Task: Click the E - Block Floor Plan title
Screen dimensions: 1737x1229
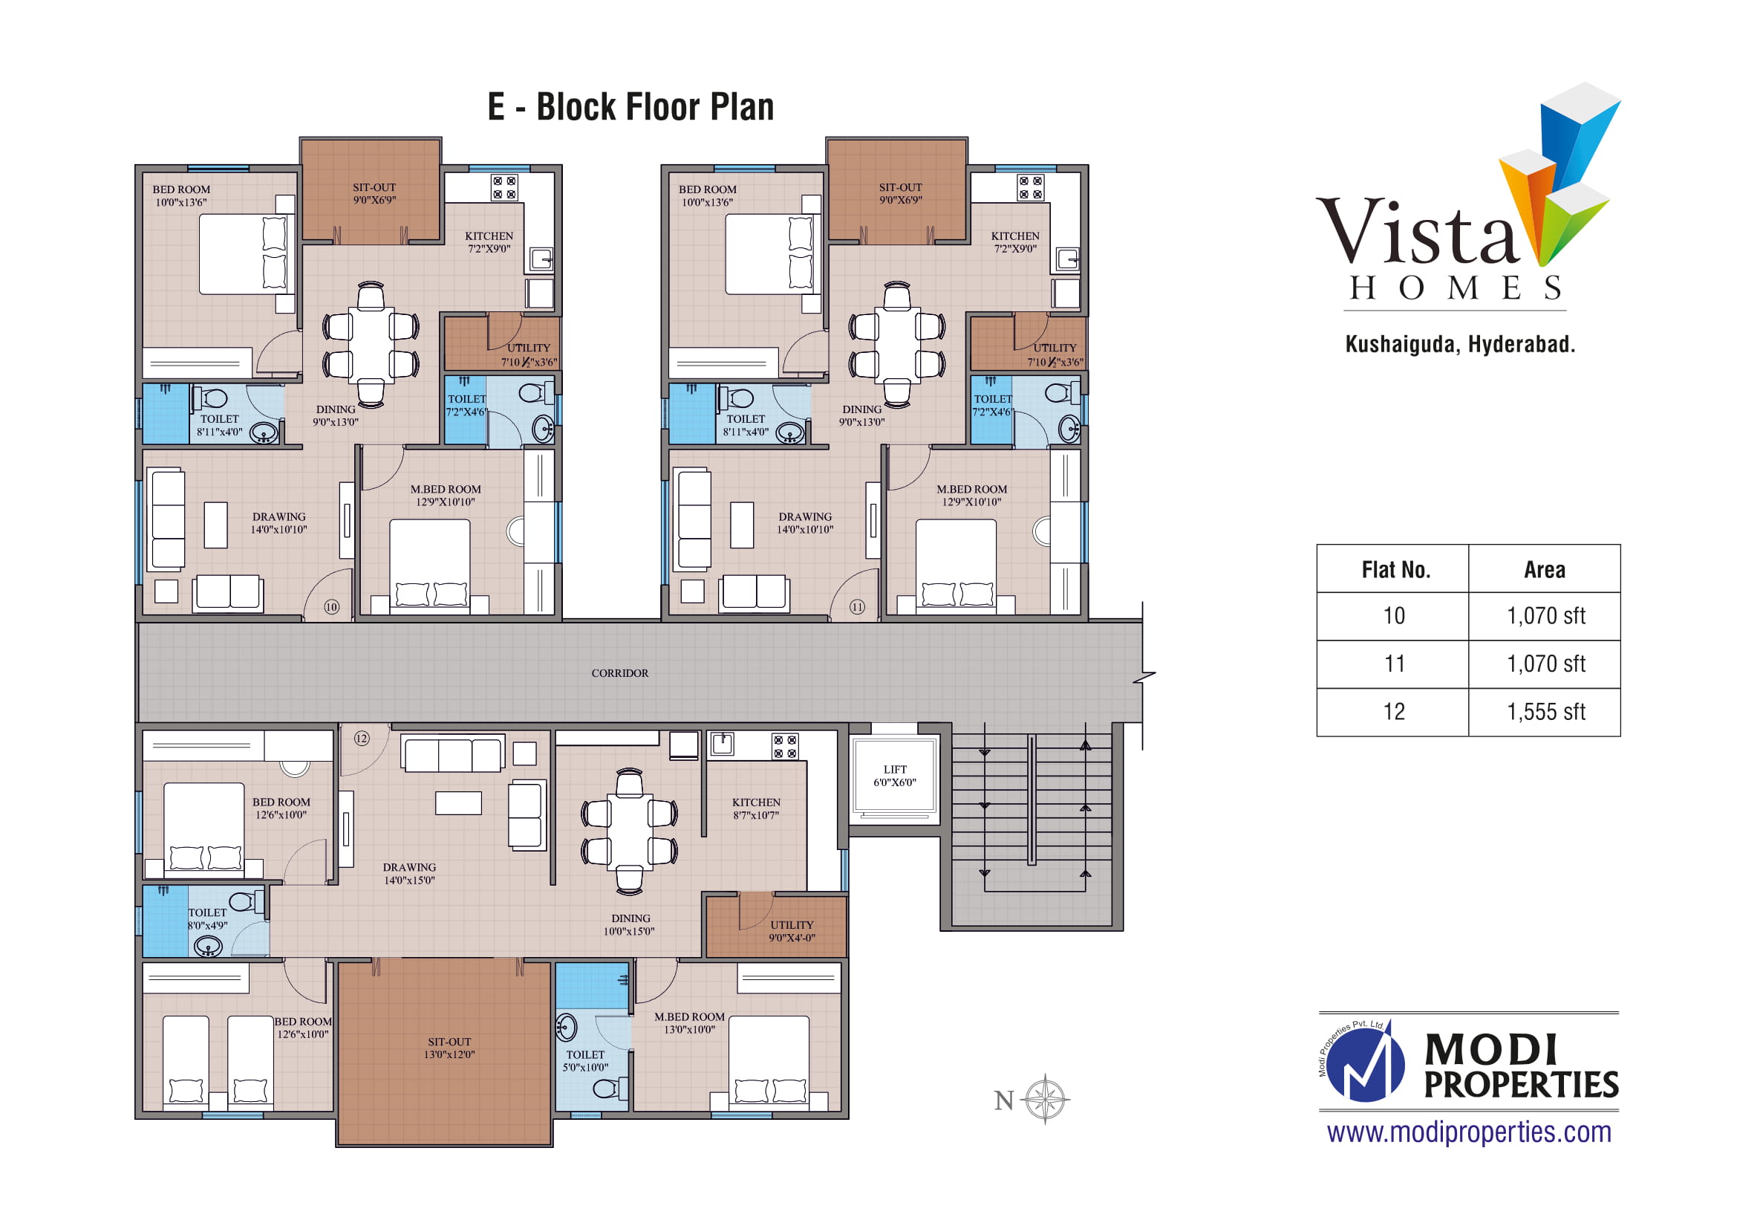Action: (x=631, y=107)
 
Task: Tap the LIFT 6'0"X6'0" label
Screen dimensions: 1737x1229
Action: (x=894, y=776)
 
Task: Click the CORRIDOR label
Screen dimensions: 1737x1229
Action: (x=619, y=672)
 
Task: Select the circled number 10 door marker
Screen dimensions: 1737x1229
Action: (x=331, y=607)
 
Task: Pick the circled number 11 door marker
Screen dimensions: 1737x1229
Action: (x=857, y=607)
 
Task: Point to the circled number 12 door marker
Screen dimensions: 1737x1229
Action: (x=362, y=738)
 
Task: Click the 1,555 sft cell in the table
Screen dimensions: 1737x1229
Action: (x=1545, y=712)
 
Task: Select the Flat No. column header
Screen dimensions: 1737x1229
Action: (x=1396, y=569)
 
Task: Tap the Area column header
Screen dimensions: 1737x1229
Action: (x=1545, y=569)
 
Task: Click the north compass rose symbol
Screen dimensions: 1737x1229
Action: (x=1045, y=1098)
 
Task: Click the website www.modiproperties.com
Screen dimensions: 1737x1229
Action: (x=1469, y=1132)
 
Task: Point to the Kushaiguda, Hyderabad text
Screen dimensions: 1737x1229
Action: (x=1460, y=344)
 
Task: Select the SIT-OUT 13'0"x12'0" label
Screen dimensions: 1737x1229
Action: (x=449, y=1048)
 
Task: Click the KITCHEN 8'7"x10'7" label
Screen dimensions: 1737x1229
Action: (x=756, y=808)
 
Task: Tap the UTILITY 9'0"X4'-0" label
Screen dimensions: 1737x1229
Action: (x=792, y=931)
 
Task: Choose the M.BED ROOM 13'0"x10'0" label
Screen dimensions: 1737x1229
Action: (x=689, y=1023)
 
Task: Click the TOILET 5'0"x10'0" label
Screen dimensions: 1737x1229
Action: (x=584, y=1061)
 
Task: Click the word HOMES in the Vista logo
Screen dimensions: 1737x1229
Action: (x=1456, y=288)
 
